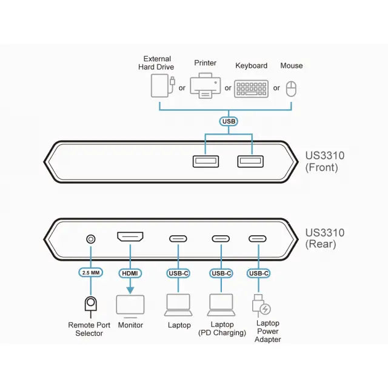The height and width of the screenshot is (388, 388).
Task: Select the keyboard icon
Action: click(252, 89)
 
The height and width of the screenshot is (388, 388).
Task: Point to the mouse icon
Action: click(292, 89)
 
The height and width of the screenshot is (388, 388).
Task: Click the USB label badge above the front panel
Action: click(229, 121)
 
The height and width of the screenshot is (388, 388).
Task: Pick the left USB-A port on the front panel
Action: click(204, 161)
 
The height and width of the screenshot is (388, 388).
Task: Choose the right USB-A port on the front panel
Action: click(249, 161)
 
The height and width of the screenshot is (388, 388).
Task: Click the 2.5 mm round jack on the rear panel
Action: click(91, 238)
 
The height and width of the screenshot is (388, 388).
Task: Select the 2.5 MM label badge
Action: click(91, 273)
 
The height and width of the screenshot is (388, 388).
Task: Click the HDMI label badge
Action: click(130, 273)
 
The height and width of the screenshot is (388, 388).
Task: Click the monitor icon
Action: click(130, 305)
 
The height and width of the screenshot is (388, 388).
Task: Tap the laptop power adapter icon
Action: click(260, 304)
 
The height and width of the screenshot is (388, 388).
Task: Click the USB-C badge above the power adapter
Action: click(259, 273)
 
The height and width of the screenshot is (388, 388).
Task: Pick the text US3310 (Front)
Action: click(324, 161)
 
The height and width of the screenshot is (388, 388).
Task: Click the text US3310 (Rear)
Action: click(324, 238)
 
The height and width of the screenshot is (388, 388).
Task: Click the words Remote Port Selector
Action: click(89, 329)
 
